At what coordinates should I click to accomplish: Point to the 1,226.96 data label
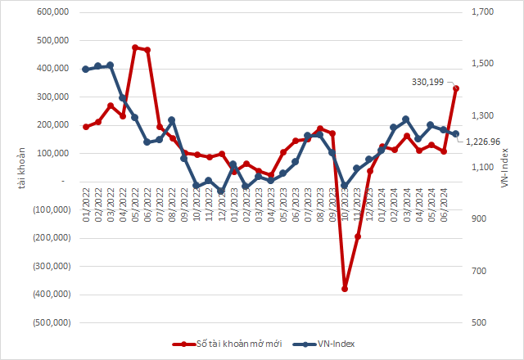click(483, 142)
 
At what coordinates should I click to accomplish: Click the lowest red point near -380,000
click(345, 289)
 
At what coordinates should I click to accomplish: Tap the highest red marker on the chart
click(135, 47)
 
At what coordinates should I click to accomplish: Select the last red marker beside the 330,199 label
click(456, 88)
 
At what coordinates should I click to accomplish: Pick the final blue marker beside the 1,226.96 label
click(456, 134)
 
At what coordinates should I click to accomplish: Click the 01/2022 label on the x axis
click(86, 200)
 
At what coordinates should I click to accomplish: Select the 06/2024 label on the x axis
click(444, 200)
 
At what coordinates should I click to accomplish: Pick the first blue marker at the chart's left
click(86, 69)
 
